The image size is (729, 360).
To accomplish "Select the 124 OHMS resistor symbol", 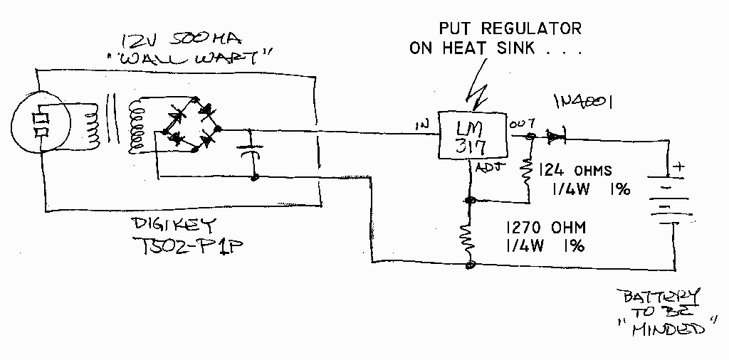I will (x=528, y=170).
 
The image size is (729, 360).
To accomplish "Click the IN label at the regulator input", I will (x=421, y=126).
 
